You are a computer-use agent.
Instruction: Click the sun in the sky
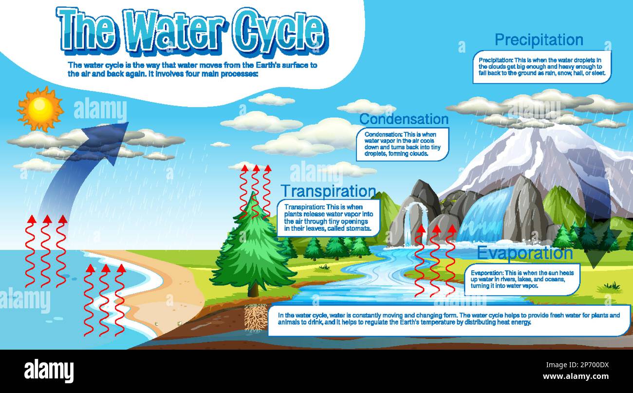click(40, 108)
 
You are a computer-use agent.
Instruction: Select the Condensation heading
click(404, 119)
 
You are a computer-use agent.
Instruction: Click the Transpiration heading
click(328, 191)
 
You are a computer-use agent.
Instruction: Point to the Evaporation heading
click(524, 253)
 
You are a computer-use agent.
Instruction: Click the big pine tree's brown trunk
click(253, 287)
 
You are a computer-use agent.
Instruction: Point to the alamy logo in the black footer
click(49, 371)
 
